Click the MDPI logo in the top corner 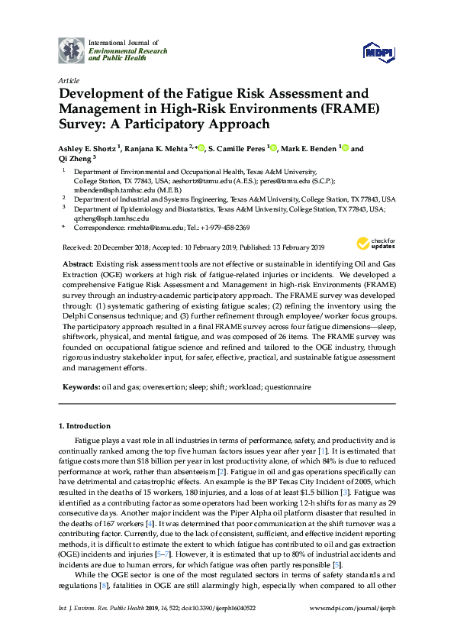[x=380, y=51]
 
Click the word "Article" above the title [x=68, y=79]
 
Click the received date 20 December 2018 [x=124, y=247]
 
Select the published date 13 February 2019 [x=292, y=247]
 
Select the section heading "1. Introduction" [x=85, y=425]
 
